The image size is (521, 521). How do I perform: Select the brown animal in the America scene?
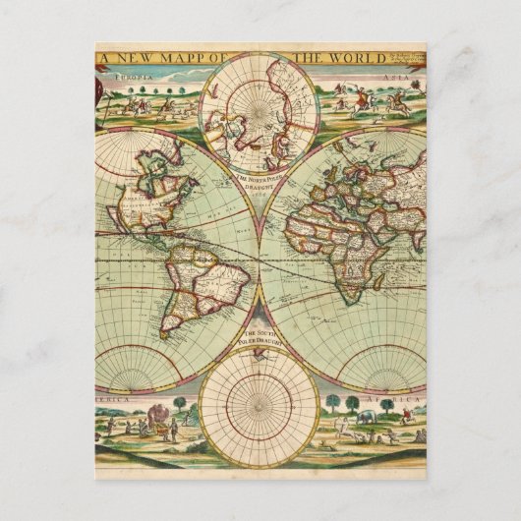pos(154,427)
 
